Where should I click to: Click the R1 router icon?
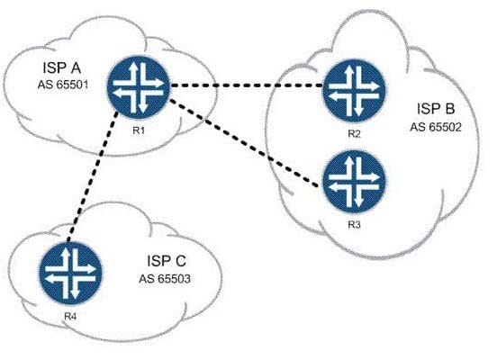click(x=139, y=88)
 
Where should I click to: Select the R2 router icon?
click(x=355, y=91)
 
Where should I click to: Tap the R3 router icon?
click(x=355, y=181)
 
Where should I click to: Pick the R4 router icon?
click(x=70, y=274)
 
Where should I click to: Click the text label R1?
click(x=139, y=130)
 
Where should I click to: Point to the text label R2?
click(x=354, y=134)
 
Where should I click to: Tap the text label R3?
click(x=354, y=225)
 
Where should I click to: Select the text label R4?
click(x=70, y=316)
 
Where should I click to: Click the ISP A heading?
click(x=62, y=67)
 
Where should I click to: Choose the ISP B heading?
click(x=436, y=109)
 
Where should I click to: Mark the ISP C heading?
click(x=167, y=261)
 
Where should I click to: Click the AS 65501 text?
click(x=63, y=85)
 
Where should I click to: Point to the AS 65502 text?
click(x=436, y=127)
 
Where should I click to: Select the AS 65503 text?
click(x=165, y=279)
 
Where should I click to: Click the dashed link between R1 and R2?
click(x=247, y=85)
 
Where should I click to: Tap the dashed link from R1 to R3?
click(x=244, y=143)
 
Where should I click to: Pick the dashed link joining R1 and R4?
click(x=93, y=177)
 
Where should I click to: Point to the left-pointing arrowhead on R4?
click(x=50, y=278)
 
